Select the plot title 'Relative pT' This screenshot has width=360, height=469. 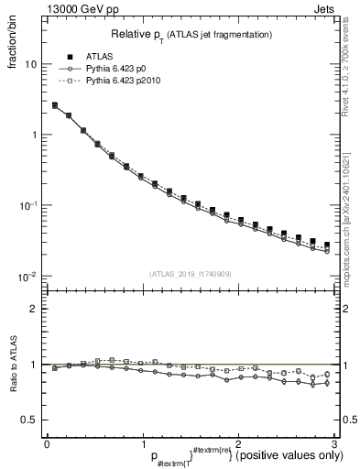click(136, 34)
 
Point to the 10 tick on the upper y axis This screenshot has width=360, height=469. click(30, 65)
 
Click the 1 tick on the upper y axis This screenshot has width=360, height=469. click(33, 136)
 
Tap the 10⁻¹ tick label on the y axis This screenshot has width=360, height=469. click(28, 205)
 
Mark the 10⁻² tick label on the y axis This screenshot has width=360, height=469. click(28, 276)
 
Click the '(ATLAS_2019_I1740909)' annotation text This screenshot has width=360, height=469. click(190, 274)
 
